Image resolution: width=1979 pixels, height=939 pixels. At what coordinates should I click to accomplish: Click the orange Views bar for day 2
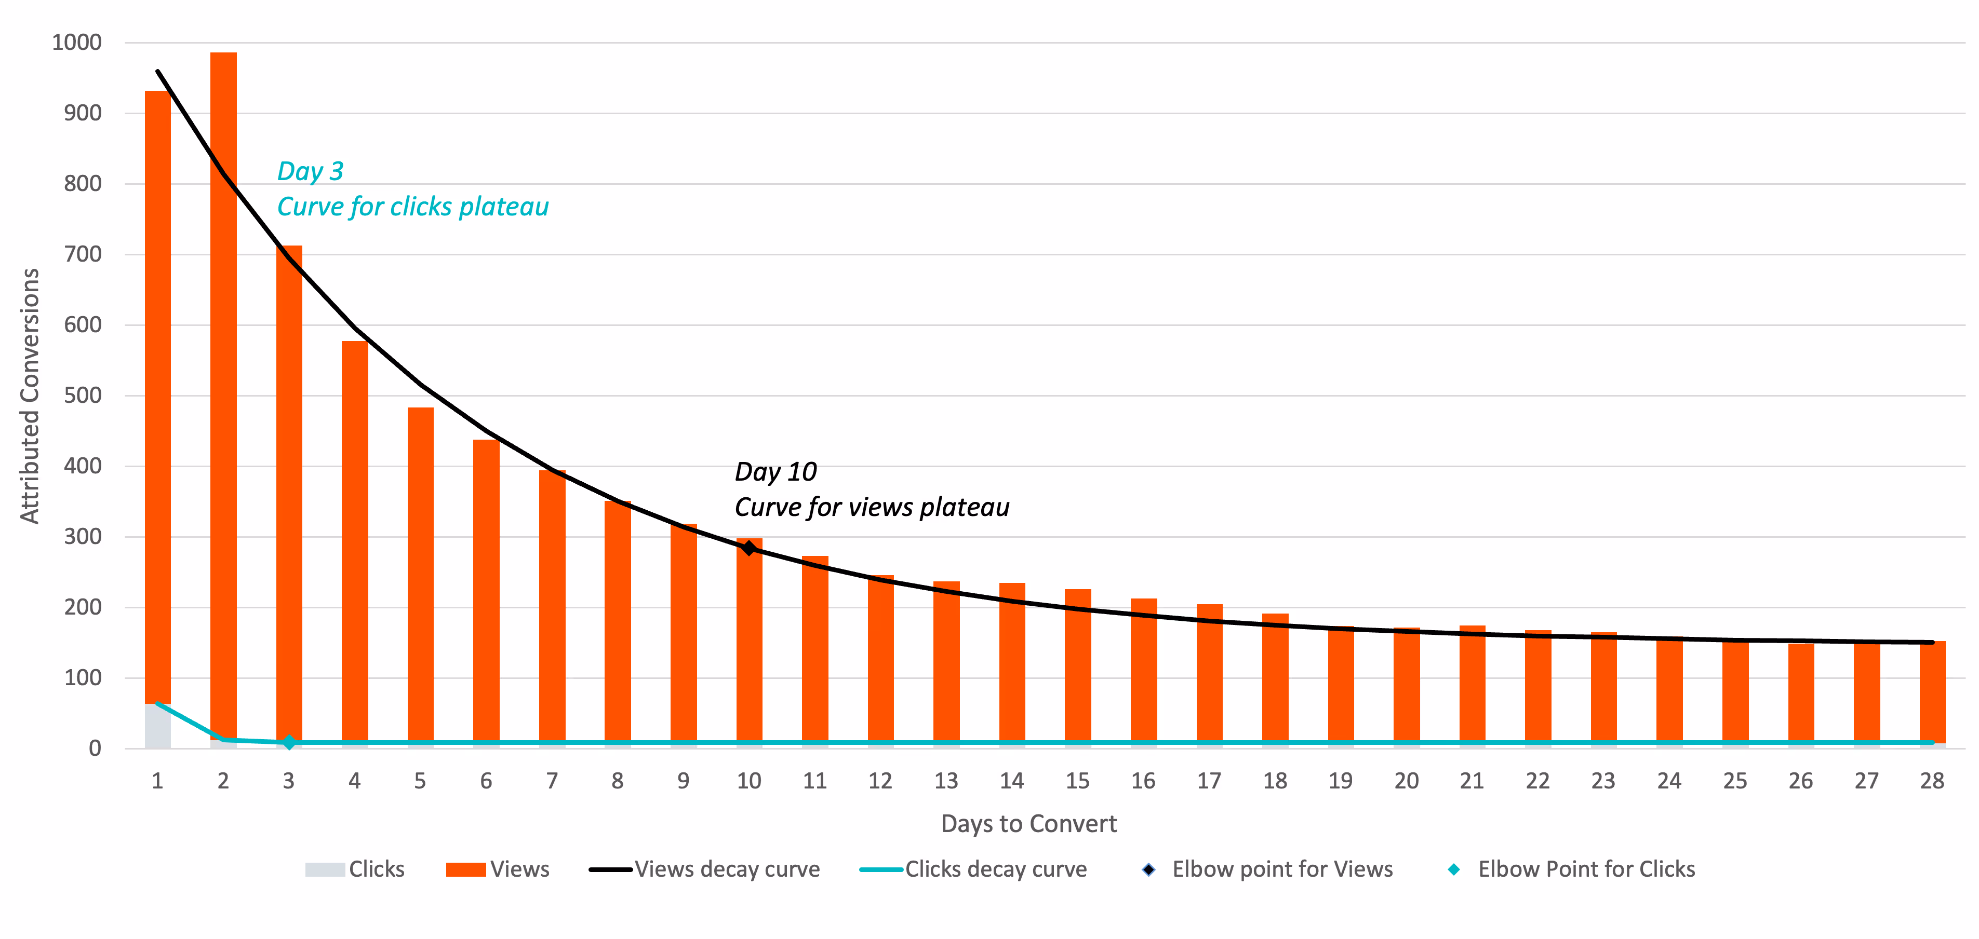223,384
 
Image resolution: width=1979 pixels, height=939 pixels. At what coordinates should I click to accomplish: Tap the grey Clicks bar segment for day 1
157,726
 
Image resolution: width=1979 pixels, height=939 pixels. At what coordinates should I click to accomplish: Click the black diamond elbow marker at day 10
749,548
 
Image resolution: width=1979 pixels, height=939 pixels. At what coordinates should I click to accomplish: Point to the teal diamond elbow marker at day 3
289,742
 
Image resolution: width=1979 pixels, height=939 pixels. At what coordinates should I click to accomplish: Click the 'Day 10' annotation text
775,471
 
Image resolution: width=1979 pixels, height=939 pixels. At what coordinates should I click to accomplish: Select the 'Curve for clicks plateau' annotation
412,207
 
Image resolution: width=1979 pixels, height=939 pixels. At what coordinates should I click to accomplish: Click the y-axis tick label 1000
76,42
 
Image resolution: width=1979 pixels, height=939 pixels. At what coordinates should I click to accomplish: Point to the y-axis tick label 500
82,396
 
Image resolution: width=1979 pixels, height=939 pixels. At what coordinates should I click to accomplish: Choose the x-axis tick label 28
1931,781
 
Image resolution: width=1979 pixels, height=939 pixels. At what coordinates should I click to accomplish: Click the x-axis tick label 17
1209,781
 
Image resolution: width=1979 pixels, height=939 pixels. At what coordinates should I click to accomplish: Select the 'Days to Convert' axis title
1028,824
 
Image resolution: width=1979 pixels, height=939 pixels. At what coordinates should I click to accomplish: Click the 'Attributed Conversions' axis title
29,396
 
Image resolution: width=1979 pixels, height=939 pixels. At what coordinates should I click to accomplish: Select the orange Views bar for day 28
1932,691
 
